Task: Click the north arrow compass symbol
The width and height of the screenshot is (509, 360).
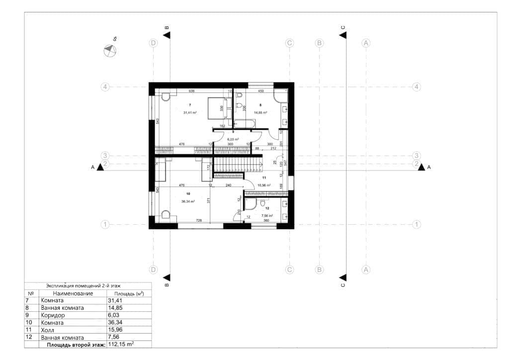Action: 110,50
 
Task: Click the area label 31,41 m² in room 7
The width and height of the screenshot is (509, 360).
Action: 190,113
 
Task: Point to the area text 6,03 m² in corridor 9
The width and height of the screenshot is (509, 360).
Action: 234,140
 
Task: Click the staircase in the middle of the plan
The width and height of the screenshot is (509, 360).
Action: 238,164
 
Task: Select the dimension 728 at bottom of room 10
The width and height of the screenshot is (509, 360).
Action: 198,220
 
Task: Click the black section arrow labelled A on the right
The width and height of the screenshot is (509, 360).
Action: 422,167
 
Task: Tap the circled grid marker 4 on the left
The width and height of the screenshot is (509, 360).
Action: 105,87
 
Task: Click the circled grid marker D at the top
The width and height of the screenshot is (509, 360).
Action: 154,43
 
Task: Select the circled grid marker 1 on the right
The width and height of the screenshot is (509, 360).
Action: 417,224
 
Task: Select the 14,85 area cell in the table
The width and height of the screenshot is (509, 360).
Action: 115,308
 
